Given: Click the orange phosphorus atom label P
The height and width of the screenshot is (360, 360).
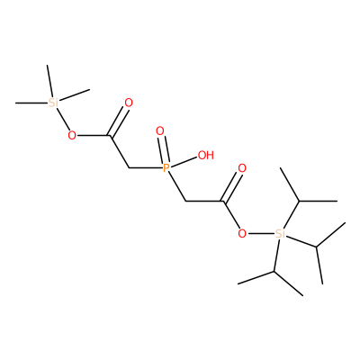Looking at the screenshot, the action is coord(166,167).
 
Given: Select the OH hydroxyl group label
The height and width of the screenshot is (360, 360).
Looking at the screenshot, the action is coord(206,155).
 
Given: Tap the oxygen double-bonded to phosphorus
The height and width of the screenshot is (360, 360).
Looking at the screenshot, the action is coord(160,131).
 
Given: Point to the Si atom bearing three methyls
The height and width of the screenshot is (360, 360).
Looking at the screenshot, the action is coord(53,103).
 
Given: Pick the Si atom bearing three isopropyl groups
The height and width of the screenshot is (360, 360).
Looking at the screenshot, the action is coord(280,233).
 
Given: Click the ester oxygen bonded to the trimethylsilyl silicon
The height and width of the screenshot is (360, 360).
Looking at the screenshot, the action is coord(72,136).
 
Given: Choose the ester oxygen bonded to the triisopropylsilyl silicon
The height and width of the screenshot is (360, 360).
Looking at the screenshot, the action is coord(242,233).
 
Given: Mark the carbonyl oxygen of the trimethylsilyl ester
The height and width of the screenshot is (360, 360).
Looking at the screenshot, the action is coord(129,103).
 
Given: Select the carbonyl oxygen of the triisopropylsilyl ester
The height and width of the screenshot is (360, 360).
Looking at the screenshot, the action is coord(242,168).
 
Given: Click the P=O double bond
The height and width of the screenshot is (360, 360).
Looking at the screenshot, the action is coord(164,149).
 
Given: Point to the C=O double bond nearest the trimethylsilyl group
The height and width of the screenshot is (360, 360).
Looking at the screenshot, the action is coord(120,122).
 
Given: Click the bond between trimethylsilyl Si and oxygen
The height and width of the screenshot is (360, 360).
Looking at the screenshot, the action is coord(63,120).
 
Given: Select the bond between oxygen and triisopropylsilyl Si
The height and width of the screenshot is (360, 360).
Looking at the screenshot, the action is coord(260,233).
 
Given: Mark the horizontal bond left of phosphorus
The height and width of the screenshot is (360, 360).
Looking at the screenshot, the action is coord(146,167).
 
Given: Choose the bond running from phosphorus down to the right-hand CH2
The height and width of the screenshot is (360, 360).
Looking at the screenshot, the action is coord(176,186).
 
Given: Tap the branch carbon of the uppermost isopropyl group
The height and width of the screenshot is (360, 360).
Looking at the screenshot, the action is coord(299,201).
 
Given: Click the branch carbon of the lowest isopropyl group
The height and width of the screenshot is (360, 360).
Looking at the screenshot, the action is coord(274,272).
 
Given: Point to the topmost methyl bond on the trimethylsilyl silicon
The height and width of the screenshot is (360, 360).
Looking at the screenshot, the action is coord(49,81).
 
